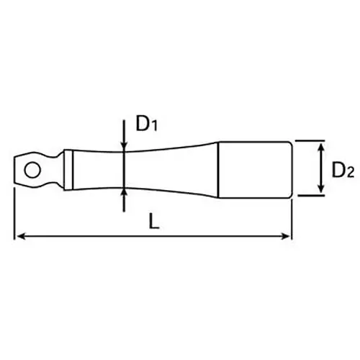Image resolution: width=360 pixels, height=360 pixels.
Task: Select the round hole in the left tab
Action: coord(32,170)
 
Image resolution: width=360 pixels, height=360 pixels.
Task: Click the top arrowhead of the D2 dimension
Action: coord(317,145)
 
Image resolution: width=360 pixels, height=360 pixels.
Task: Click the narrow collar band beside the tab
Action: coord(68,170)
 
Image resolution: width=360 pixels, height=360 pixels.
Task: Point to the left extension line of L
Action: coord(15,216)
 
